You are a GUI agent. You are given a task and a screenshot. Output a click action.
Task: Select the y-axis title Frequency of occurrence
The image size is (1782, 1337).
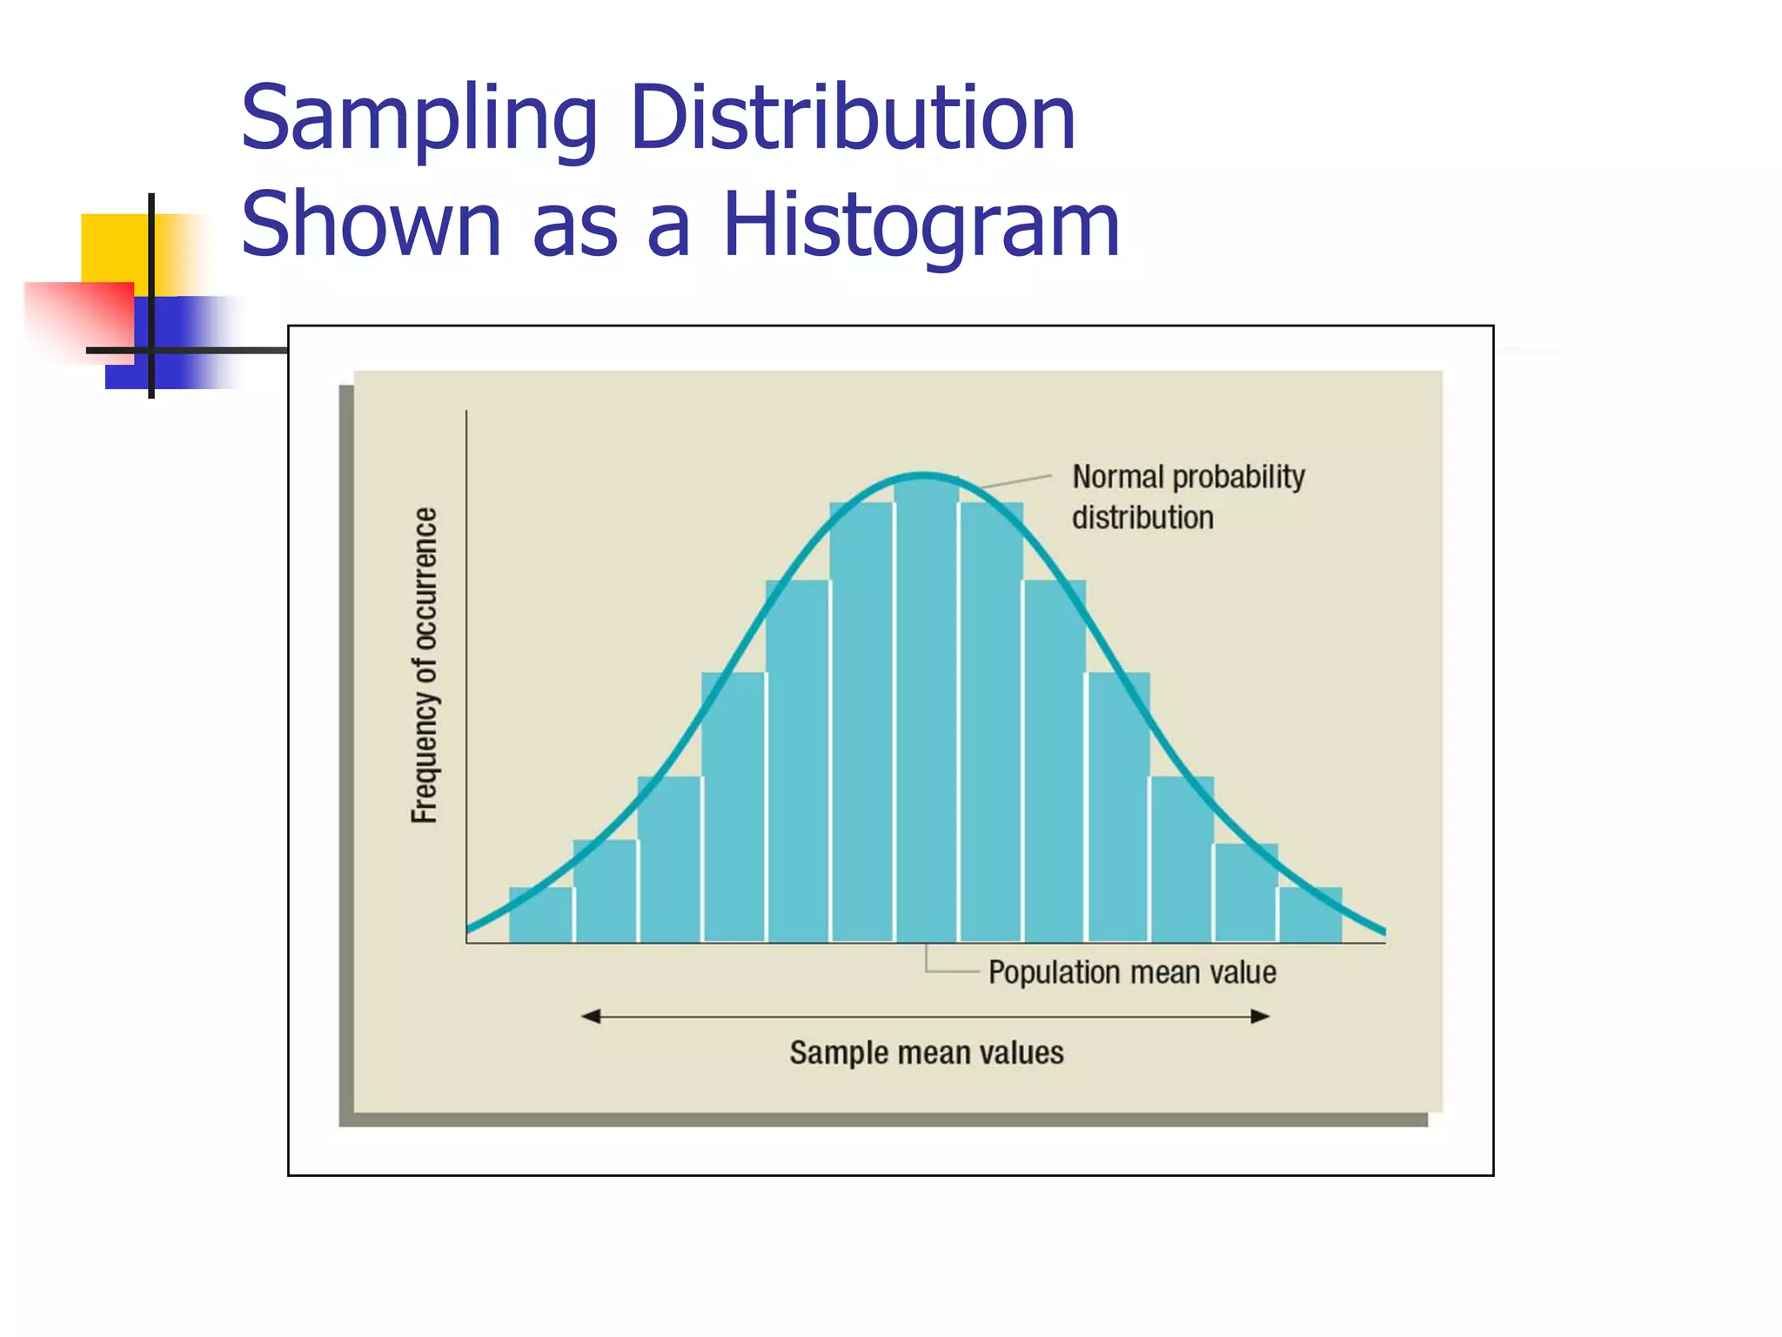pos(425,666)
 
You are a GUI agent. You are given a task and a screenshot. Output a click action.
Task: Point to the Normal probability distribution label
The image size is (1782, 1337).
pos(1188,497)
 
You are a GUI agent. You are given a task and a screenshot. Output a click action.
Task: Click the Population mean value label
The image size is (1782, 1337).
pos(1132,972)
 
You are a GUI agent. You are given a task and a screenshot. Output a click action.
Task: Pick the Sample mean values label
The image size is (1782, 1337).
pos(926,1052)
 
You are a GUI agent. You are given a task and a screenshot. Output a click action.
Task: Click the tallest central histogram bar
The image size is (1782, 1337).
pos(926,714)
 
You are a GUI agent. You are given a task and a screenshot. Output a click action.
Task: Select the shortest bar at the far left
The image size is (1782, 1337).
pos(540,916)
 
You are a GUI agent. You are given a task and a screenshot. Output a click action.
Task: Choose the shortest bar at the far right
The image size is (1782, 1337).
pos(1310,916)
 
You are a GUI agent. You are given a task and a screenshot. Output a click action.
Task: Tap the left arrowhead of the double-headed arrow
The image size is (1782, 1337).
pos(591,1016)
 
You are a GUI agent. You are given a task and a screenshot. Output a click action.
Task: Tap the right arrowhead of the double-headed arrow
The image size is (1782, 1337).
pos(1260,1016)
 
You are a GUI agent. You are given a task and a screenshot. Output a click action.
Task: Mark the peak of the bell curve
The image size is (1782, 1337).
pos(925,475)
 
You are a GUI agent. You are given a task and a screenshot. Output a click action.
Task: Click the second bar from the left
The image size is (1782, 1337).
pos(605,892)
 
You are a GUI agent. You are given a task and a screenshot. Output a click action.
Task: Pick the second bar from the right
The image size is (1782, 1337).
pos(1246,894)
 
